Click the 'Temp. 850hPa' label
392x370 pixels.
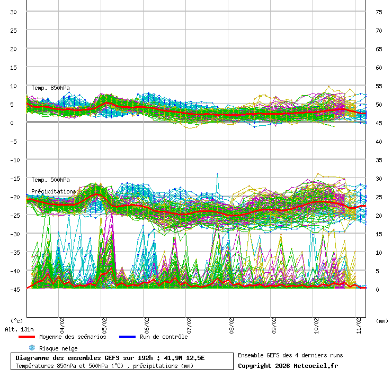click(50, 88)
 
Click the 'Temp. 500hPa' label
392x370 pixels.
click(50, 180)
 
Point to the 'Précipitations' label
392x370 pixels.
click(54, 191)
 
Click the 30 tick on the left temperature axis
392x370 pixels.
click(14, 12)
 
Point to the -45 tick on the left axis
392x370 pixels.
click(13, 289)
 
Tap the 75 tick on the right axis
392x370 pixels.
click(379, 12)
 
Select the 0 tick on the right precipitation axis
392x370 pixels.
click(378, 289)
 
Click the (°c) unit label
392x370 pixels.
click(17, 320)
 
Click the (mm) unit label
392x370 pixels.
click(382, 320)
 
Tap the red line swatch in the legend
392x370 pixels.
click(26, 337)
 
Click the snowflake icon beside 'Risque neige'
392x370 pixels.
click(31, 348)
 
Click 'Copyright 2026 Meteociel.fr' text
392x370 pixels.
click(288, 365)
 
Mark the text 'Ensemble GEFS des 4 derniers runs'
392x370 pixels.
click(290, 355)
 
